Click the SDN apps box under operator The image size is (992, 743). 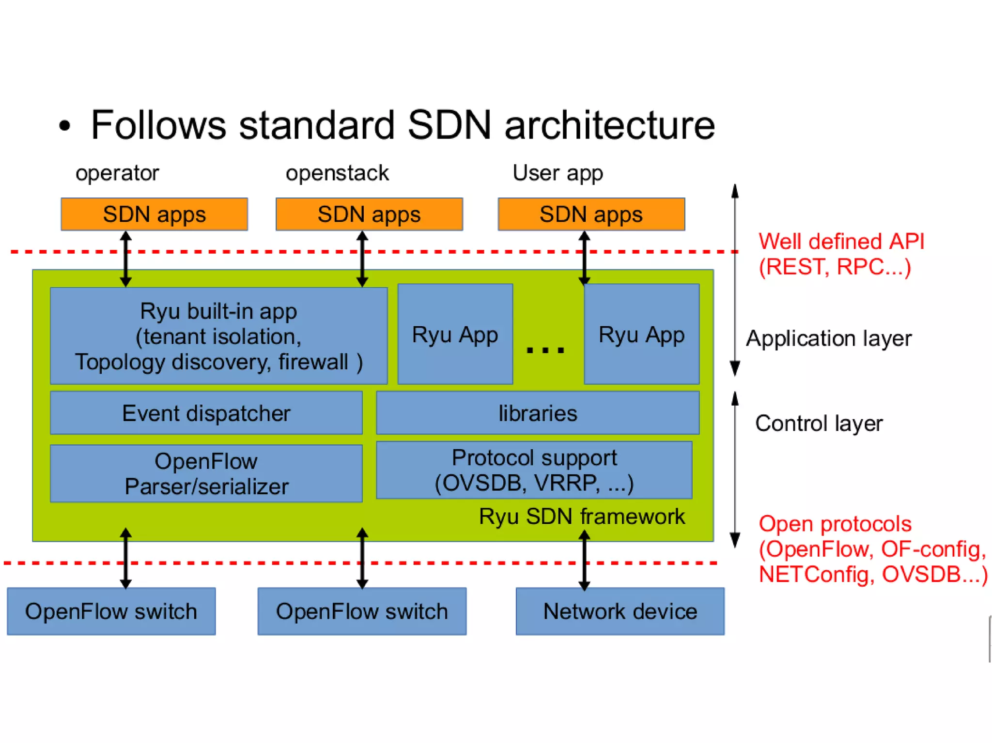click(x=154, y=214)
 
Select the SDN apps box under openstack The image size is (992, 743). click(x=369, y=214)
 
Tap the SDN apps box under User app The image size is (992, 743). click(x=591, y=214)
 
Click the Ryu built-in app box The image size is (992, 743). click(x=219, y=336)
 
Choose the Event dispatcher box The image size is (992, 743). click(x=206, y=413)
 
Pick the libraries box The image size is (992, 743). click(x=538, y=413)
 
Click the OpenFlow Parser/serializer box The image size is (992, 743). click(x=206, y=473)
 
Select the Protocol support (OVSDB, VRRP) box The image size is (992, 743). click(x=534, y=470)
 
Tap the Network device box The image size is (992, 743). click(x=620, y=611)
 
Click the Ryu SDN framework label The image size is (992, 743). click(x=582, y=516)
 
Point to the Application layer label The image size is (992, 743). click(x=828, y=339)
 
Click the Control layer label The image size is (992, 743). click(x=819, y=424)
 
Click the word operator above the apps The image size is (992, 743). click(x=117, y=173)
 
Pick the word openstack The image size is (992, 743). click(x=337, y=173)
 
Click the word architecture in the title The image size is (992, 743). click(x=610, y=125)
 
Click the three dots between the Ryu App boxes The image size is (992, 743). click(x=545, y=349)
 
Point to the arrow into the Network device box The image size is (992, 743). click(x=584, y=560)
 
